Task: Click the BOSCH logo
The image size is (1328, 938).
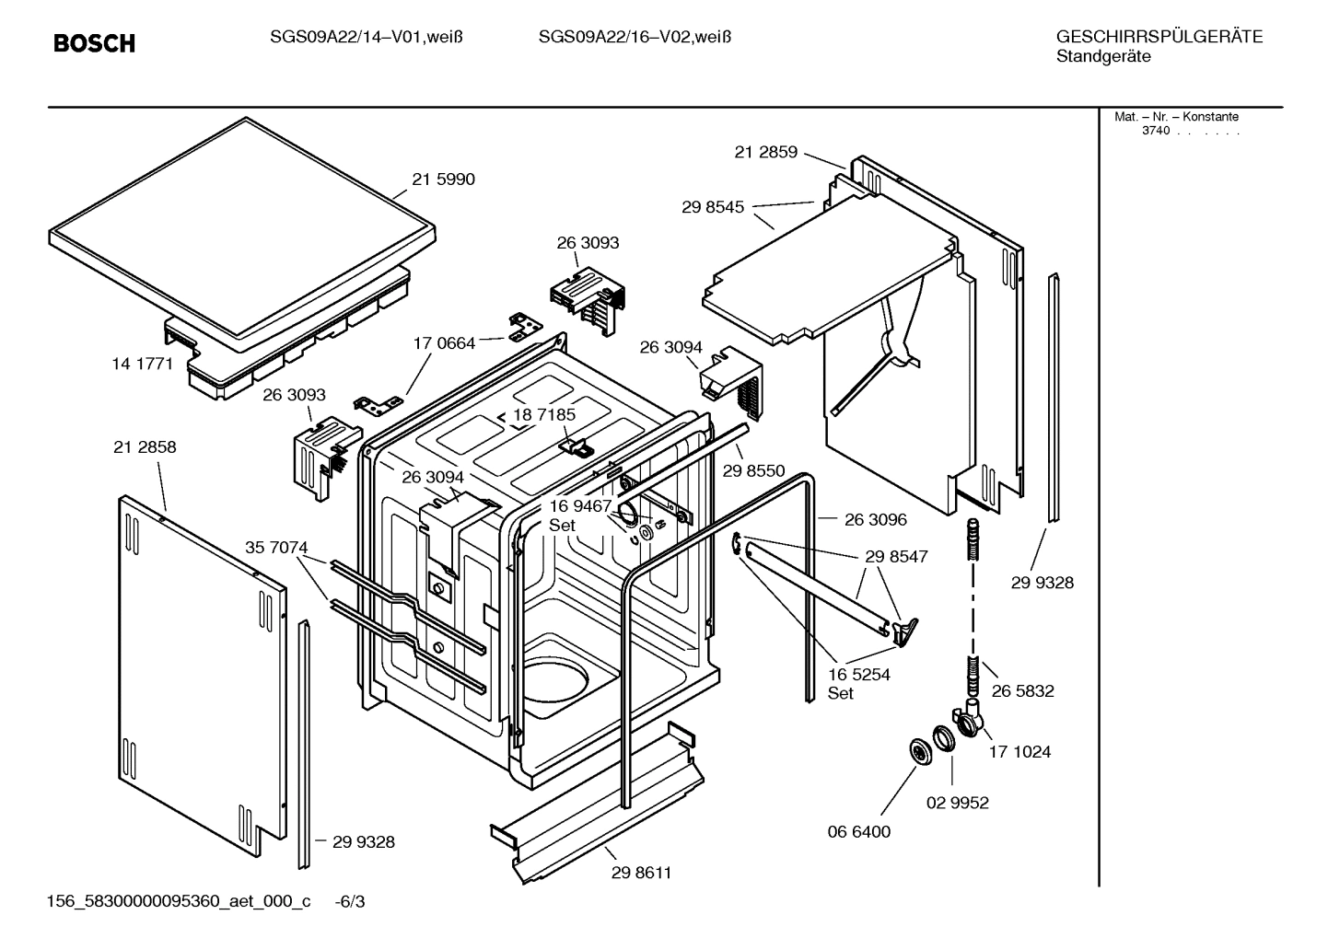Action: coord(94,43)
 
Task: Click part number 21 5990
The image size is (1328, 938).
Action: coord(443,179)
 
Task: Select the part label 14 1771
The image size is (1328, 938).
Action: coord(143,364)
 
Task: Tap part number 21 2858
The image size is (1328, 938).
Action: coord(145,447)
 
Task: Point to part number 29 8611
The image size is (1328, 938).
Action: coord(641,873)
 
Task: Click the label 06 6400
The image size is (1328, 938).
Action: coord(858,832)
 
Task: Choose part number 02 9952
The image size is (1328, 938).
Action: coord(957,803)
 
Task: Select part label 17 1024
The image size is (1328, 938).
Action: coord(1019,752)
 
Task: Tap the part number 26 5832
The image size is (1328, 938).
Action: coord(1022,690)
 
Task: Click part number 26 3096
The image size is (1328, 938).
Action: coord(875,519)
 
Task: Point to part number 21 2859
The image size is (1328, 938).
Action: coord(765,153)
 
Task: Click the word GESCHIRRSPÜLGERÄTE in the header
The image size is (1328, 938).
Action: coord(1159,38)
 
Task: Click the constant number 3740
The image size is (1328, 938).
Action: coord(1155,131)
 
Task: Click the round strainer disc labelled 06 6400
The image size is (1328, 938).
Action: coord(919,750)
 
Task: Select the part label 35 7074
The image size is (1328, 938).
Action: coord(276,548)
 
